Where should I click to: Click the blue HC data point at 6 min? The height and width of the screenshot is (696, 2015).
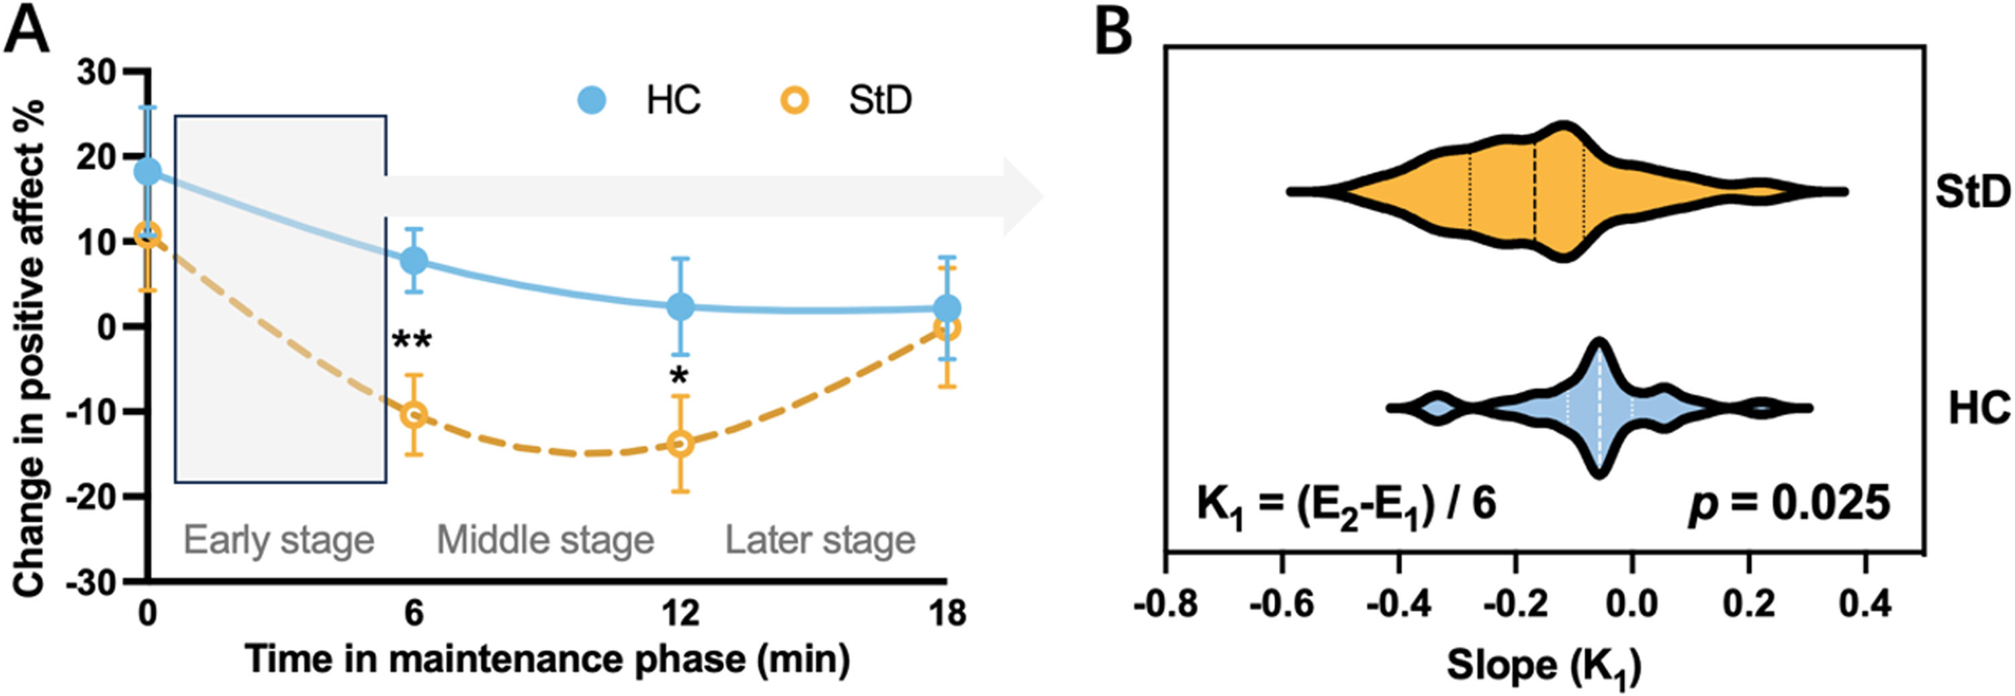(414, 260)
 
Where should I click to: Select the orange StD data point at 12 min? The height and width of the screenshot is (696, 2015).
(680, 444)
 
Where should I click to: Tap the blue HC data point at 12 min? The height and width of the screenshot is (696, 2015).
(680, 307)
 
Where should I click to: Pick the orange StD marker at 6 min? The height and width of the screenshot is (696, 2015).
(414, 415)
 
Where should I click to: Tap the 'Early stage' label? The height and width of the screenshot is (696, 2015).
(279, 540)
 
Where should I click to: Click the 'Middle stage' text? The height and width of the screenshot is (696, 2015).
(545, 540)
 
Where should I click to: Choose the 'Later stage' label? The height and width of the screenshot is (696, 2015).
(819, 540)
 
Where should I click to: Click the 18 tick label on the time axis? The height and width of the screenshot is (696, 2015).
(948, 614)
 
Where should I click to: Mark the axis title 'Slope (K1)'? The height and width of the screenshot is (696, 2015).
(1543, 666)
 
